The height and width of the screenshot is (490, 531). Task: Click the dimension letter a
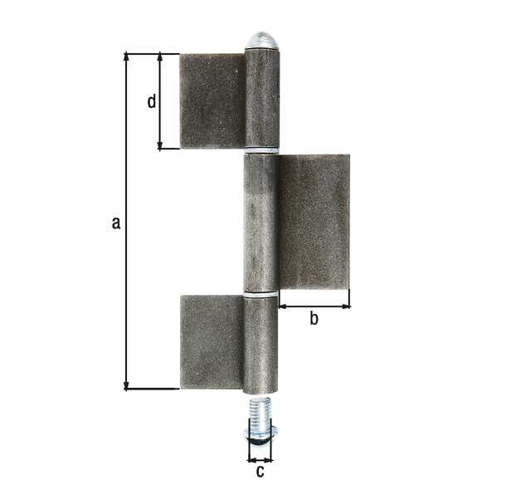tap(116, 223)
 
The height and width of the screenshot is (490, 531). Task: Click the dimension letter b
tap(314, 318)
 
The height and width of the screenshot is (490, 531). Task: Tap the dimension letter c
tap(260, 472)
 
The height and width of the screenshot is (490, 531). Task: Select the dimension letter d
tap(152, 101)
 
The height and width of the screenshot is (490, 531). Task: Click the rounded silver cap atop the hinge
tap(262, 41)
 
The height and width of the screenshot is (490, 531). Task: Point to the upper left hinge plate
tap(212, 101)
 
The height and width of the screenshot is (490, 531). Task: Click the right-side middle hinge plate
tap(314, 222)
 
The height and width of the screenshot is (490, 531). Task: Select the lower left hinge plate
tap(212, 342)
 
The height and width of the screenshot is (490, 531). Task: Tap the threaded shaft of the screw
tap(260, 414)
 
